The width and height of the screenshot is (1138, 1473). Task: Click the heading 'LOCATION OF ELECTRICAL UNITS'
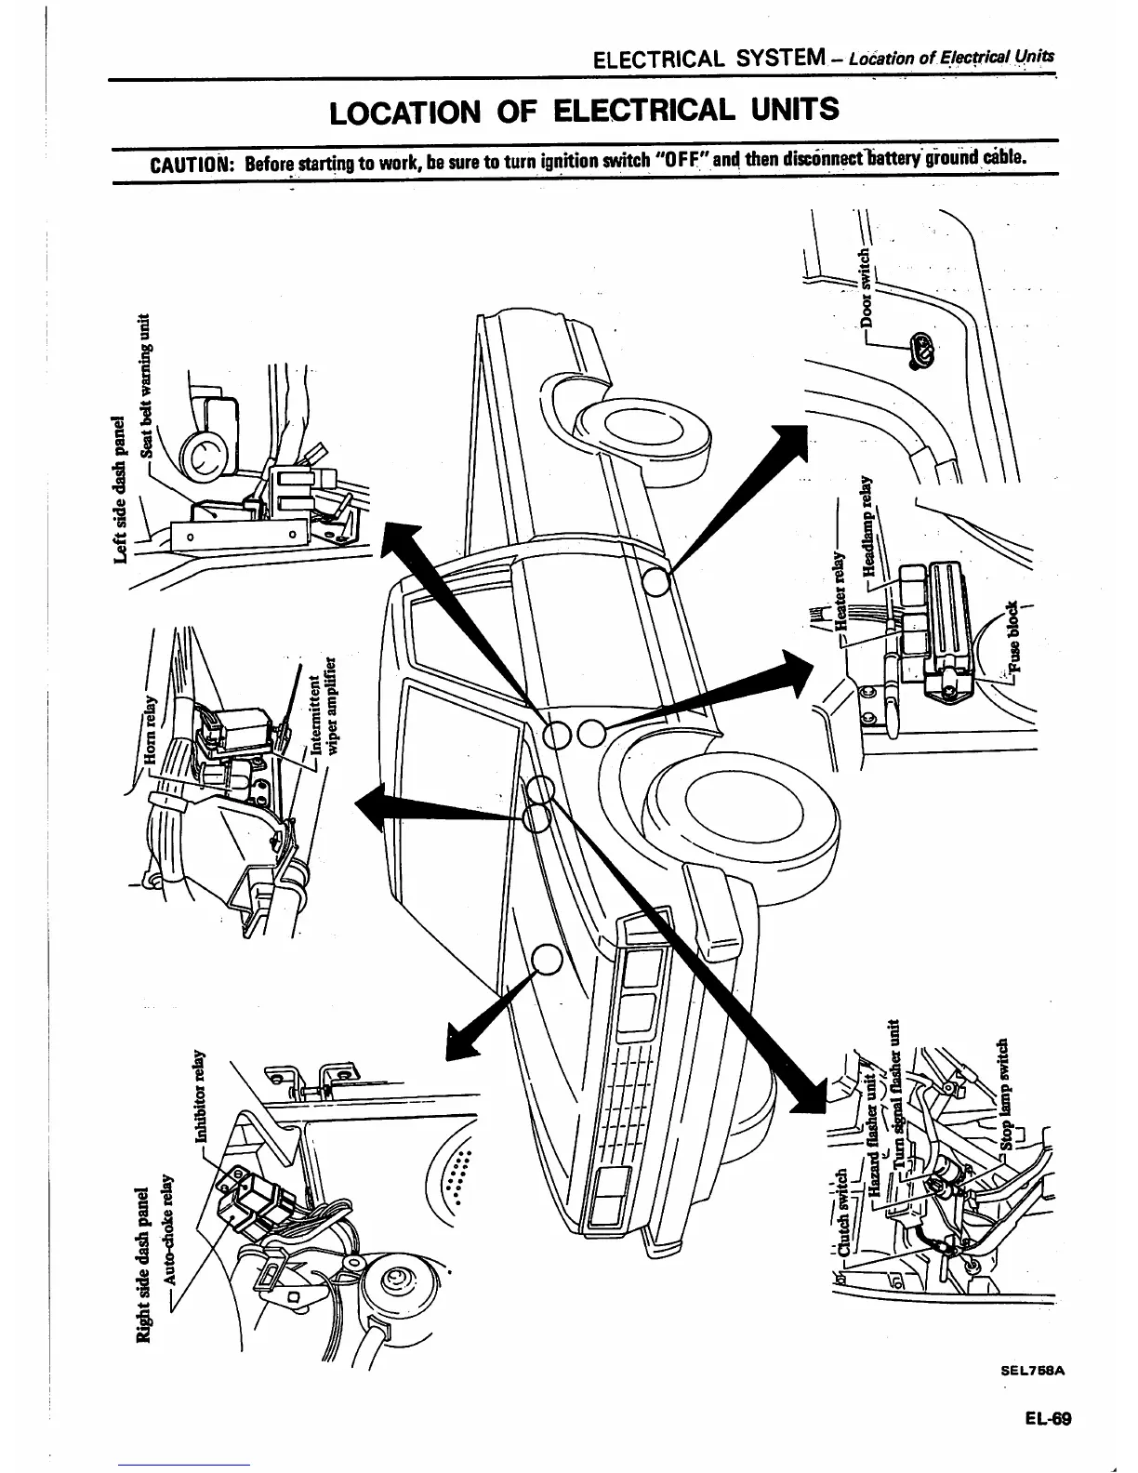coord(585,111)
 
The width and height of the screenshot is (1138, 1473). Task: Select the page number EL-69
coord(1050,1419)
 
